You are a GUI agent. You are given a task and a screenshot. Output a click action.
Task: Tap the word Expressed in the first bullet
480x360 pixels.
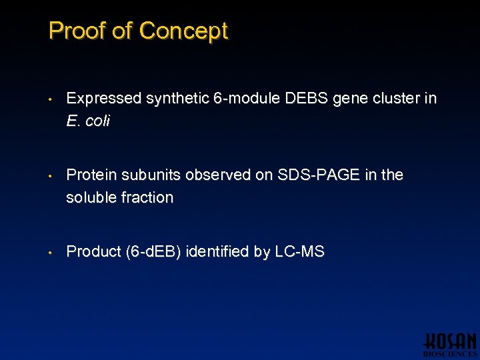[104, 99]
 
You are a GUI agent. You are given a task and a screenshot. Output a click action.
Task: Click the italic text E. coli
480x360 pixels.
[88, 121]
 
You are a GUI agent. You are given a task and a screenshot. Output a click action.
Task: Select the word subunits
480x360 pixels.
[150, 175]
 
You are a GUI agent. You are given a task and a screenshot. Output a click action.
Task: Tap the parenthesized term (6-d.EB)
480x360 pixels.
[153, 251]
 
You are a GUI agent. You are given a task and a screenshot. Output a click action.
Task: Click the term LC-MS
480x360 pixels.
[299, 251]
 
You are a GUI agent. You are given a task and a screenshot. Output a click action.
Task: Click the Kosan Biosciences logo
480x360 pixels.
[450, 343]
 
